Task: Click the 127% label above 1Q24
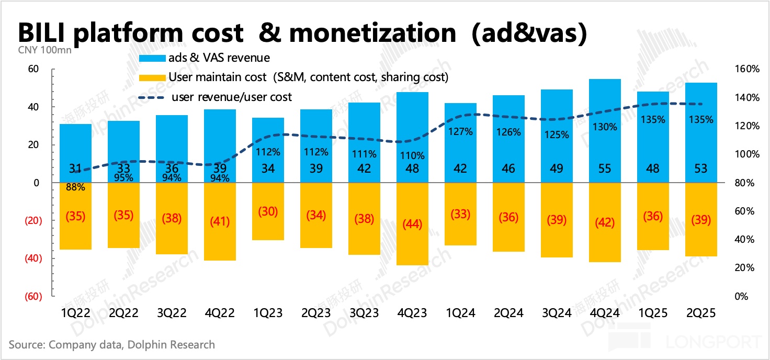tap(461, 132)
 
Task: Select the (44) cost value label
tap(413, 223)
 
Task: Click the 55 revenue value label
tap(604, 168)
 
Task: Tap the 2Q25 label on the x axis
tap(700, 313)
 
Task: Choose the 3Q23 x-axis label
tap(365, 313)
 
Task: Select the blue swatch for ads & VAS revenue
tap(151, 58)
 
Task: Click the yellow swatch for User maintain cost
tap(151, 77)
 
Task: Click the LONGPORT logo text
tap(714, 343)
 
